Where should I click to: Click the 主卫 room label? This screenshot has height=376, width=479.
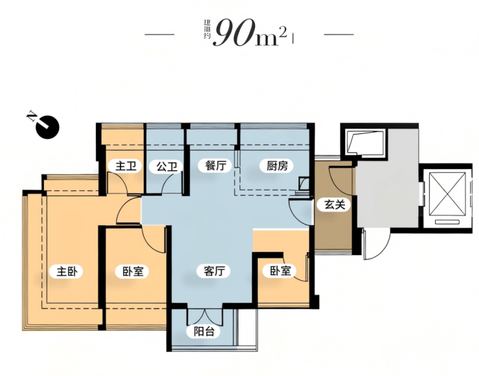click(x=125, y=166)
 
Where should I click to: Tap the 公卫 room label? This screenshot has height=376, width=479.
click(x=167, y=167)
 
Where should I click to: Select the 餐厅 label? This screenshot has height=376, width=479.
click(x=216, y=166)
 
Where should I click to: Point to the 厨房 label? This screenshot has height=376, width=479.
click(x=278, y=166)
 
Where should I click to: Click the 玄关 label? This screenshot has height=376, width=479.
click(x=335, y=205)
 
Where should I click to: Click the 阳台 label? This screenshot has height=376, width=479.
click(x=204, y=331)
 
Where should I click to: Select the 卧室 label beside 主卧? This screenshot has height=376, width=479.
click(x=133, y=271)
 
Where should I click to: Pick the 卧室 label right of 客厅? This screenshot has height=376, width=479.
click(x=280, y=271)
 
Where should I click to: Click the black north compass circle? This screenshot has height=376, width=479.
click(x=48, y=127)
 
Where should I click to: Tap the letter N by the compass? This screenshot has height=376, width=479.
click(x=32, y=116)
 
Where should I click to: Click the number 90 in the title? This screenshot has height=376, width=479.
click(x=235, y=33)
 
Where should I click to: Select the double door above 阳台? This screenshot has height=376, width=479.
click(x=205, y=316)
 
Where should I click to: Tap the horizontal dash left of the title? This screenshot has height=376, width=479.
click(x=159, y=34)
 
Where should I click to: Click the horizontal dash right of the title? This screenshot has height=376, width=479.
click(x=339, y=34)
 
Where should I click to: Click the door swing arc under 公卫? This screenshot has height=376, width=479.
click(x=172, y=183)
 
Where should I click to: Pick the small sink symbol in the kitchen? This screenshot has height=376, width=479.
click(x=304, y=184)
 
